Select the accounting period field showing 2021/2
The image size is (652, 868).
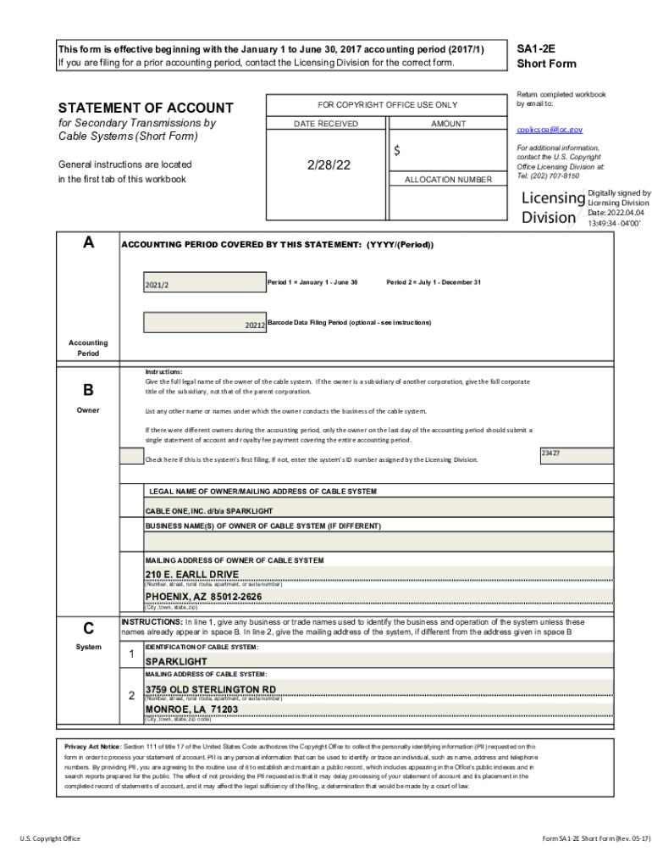[203, 283]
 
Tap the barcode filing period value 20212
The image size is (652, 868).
[255, 325]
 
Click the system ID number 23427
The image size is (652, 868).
[550, 453]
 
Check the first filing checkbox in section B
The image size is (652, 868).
[131, 456]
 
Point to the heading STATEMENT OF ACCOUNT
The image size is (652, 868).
[145, 108]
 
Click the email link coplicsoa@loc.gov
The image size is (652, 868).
[550, 130]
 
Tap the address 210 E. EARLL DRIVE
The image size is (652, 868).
[191, 574]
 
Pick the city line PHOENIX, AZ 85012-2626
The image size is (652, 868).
[203, 597]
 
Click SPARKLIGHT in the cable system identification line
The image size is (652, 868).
[176, 661]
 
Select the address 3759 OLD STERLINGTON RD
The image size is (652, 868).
[211, 688]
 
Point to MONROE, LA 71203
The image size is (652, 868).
[191, 709]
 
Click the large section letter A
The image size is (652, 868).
[88, 243]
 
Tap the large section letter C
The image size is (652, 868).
[88, 628]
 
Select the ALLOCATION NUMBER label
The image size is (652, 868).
[448, 180]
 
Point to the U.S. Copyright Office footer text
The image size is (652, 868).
[50, 838]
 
